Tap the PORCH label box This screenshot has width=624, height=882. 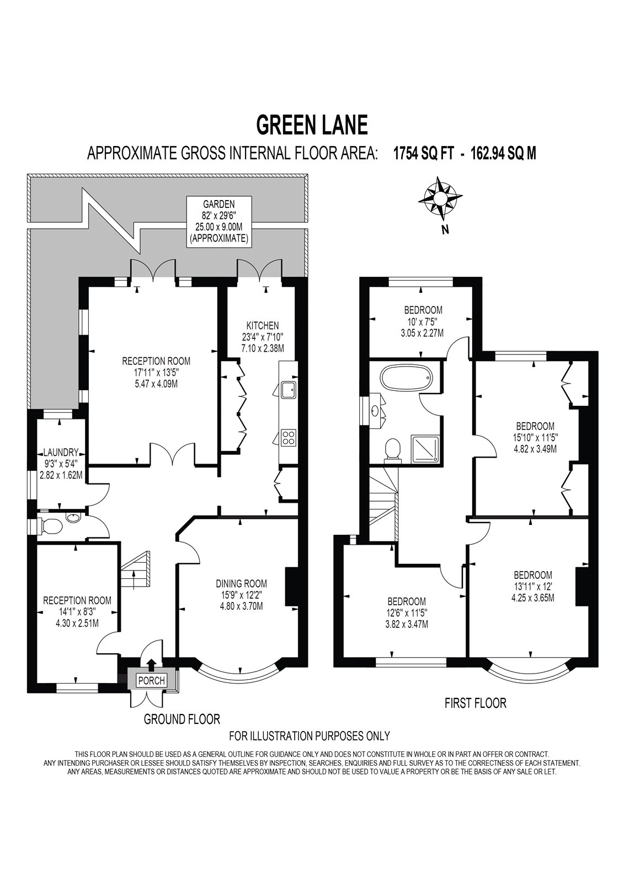151,680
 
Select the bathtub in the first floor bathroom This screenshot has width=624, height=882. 406,378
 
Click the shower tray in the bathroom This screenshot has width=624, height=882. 425,449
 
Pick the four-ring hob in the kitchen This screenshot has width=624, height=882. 289,438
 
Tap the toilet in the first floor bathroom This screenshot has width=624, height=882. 392,449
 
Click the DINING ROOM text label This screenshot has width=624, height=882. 241,583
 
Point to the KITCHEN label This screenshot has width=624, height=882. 263,326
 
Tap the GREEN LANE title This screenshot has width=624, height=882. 312,125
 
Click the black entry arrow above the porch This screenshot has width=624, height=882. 151,665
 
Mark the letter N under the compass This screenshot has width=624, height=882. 445,231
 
